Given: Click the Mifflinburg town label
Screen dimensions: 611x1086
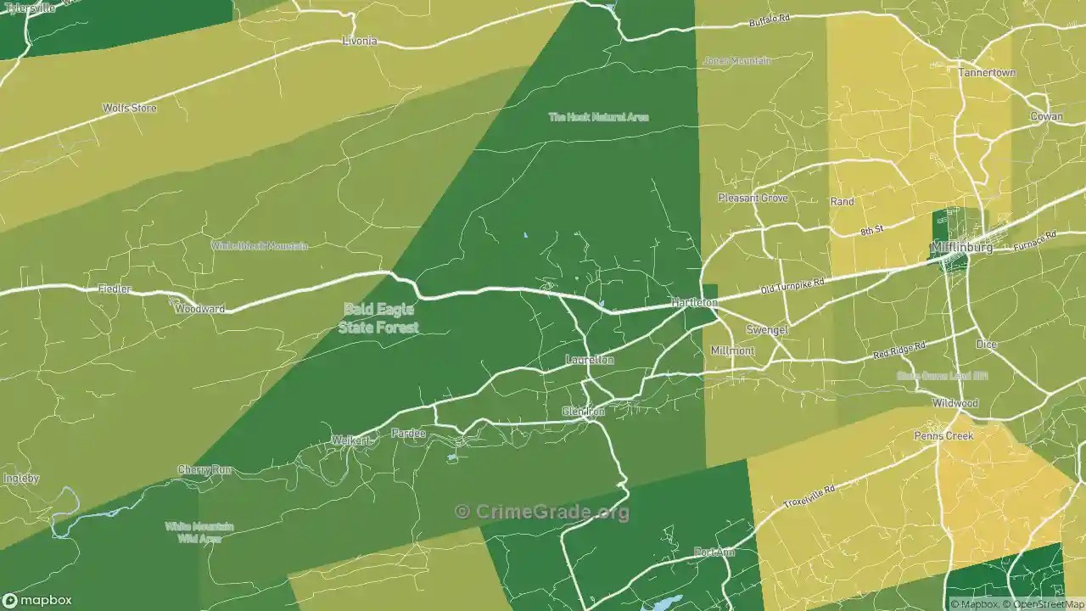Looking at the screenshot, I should point(961,247).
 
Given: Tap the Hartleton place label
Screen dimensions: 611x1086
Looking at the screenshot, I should point(694,302).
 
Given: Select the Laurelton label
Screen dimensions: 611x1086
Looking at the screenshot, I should point(590,360).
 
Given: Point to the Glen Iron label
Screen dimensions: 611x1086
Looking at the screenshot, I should point(584,412).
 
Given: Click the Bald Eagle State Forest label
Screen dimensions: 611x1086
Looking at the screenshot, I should point(378,318).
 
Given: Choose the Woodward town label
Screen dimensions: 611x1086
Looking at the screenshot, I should point(199,309).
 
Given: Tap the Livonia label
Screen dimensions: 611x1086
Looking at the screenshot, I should point(359,41).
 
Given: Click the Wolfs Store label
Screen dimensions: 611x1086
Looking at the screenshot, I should point(129,108).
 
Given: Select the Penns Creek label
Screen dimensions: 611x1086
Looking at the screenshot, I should point(943,435).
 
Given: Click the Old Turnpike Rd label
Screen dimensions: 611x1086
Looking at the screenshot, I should point(792,283).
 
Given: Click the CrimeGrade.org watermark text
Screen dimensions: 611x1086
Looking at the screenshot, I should point(543,512).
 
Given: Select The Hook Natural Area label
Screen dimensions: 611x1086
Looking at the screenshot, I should point(598,117).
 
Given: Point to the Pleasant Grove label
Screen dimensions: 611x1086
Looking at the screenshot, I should point(753,198).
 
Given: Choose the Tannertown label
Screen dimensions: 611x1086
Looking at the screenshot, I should point(987,72).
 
